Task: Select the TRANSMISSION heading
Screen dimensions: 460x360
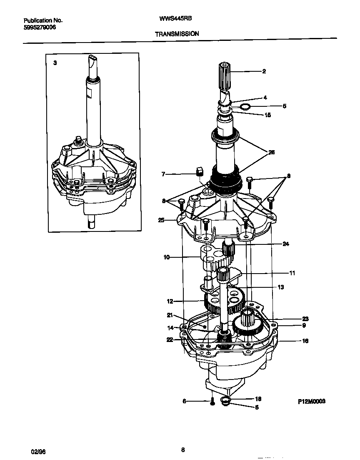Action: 177,34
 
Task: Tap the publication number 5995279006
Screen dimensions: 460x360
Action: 39,27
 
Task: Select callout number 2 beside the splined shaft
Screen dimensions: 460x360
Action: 264,71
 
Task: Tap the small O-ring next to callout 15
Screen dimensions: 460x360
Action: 246,108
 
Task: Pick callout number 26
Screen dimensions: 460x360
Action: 271,152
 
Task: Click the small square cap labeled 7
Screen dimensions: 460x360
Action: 199,170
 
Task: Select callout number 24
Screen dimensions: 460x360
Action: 285,244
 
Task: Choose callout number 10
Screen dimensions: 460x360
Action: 167,257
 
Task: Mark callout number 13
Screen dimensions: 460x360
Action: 280,287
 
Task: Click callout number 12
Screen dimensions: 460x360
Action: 170,301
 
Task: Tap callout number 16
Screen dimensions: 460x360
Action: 305,341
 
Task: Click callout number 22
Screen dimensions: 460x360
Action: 170,340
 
